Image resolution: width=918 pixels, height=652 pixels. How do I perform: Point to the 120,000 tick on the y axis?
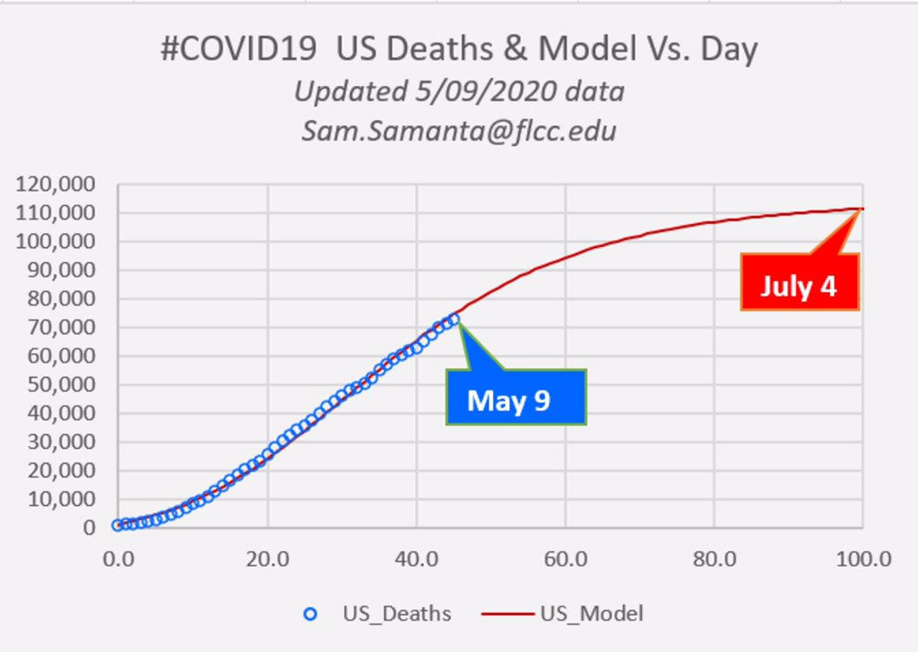[x=56, y=184]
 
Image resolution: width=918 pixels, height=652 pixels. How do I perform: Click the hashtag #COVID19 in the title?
[x=238, y=49]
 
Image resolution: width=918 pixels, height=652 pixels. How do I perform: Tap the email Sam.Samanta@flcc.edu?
[x=459, y=131]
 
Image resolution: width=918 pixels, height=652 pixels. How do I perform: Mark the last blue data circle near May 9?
[x=454, y=318]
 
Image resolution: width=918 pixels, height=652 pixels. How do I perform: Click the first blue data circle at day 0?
[x=117, y=525]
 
